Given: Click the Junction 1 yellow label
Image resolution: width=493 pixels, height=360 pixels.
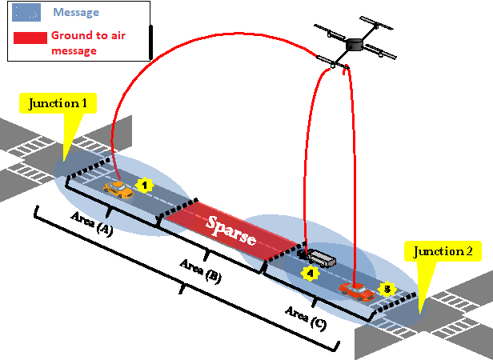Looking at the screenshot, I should (x=62, y=104).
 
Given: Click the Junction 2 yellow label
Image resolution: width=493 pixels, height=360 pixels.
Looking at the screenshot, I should (x=443, y=252).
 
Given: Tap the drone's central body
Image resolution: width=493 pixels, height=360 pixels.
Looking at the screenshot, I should (x=356, y=42).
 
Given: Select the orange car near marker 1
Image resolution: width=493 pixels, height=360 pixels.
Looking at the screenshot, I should (x=118, y=189).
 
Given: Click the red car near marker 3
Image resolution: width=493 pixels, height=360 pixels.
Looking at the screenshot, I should (x=356, y=290).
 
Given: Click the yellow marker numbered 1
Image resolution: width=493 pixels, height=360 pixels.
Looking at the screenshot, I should (x=144, y=185).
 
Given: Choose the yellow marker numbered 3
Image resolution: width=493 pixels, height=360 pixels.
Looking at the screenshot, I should (x=387, y=288).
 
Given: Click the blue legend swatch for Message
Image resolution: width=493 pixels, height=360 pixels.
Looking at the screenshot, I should (x=27, y=13).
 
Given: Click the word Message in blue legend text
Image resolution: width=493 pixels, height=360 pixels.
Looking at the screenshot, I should (x=76, y=13).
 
